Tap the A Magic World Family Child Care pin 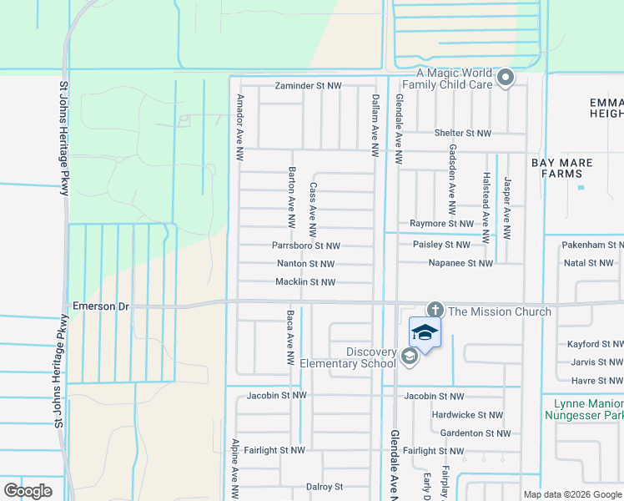[x=505, y=79]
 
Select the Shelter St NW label [x=465, y=133]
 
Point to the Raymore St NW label [x=441, y=224]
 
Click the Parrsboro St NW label [x=306, y=245]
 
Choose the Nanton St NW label [x=305, y=264]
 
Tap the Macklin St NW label [x=305, y=282]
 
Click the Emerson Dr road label [x=102, y=306]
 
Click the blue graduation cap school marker [x=425, y=333]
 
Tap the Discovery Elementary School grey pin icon [x=409, y=357]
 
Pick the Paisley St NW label [x=441, y=245]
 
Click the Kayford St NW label [x=595, y=344]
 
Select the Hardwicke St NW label [x=467, y=415]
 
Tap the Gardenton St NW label [x=474, y=433]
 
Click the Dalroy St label [x=325, y=487]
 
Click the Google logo [x=28, y=491]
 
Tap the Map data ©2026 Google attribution [x=572, y=494]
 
